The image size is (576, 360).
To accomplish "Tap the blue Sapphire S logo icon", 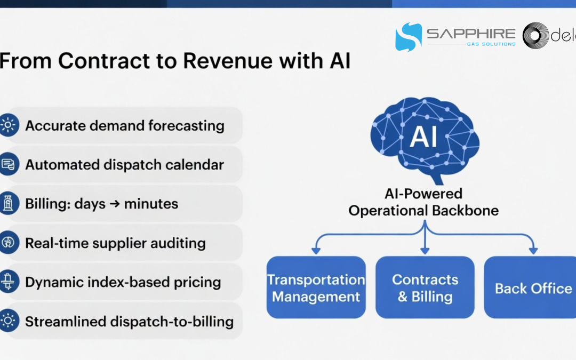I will (408, 36).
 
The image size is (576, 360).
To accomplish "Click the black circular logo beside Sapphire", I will (535, 36).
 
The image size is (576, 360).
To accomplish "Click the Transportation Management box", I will (316, 287).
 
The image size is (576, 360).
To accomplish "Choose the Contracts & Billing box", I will (425, 287).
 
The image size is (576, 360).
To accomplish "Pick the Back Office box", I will (532, 288).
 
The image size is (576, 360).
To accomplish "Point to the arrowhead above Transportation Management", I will (316, 249).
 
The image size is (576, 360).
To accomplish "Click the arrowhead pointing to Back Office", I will (533, 249).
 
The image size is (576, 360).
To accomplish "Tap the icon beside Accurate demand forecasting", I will (8, 125).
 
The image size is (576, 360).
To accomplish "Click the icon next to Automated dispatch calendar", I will (8, 164).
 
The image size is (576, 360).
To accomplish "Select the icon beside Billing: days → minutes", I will (8, 204).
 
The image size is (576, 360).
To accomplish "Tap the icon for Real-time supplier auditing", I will (8, 243).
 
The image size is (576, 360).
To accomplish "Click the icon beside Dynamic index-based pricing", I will (8, 282).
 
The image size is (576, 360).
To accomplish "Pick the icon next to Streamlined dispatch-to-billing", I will (8, 321).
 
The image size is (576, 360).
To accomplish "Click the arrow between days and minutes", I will (115, 204).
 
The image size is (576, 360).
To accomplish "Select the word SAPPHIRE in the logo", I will (471, 34).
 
